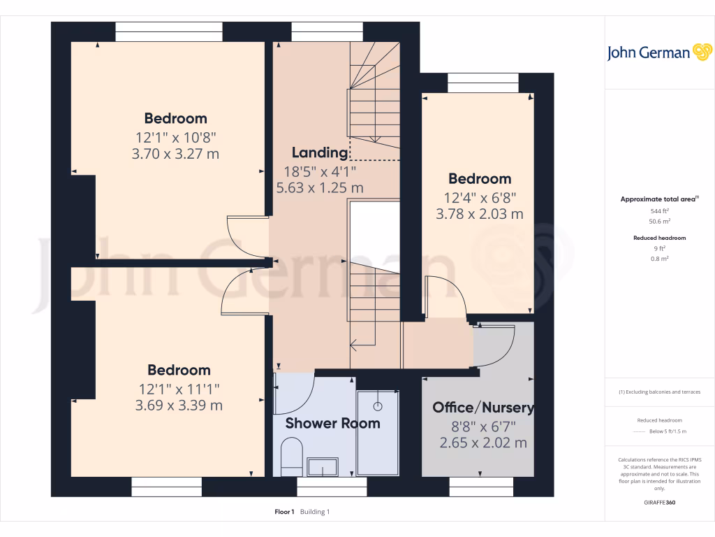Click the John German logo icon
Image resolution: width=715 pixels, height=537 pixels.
click(701, 52)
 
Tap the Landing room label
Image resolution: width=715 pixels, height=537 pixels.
click(320, 152)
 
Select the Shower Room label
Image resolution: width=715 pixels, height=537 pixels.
click(332, 423)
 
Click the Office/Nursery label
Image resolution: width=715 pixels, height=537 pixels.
click(483, 408)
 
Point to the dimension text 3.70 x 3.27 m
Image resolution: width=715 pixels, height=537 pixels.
click(175, 154)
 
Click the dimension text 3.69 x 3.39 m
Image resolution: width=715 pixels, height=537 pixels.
click(179, 406)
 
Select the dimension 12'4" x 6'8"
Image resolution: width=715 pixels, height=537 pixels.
click(480, 197)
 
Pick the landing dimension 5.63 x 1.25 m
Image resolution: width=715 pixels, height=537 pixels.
click(320, 187)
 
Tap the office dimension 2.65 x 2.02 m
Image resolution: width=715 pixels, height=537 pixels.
click(483, 443)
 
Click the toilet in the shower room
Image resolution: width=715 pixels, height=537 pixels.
click(290, 457)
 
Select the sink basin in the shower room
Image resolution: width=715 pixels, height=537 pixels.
click(322, 468)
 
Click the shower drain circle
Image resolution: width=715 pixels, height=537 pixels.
click(378, 406)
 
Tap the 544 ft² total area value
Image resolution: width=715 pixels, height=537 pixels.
click(660, 210)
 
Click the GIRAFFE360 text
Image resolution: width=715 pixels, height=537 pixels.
click(660, 503)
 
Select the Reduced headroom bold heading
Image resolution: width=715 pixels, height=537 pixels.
click(660, 238)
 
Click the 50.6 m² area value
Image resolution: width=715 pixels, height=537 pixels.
click(660, 221)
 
